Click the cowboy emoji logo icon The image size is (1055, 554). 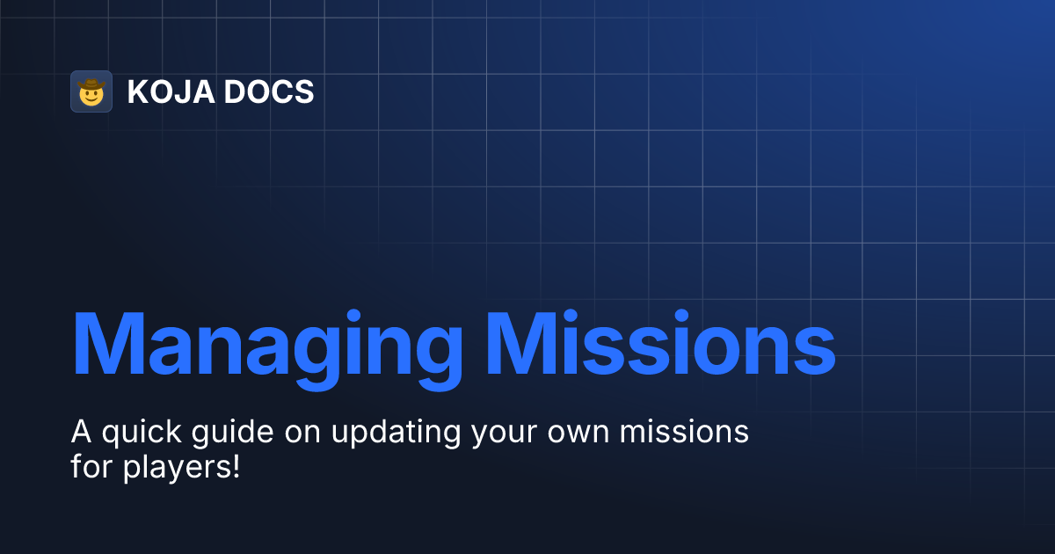click(91, 91)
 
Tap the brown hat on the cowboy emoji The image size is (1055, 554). click(91, 84)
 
